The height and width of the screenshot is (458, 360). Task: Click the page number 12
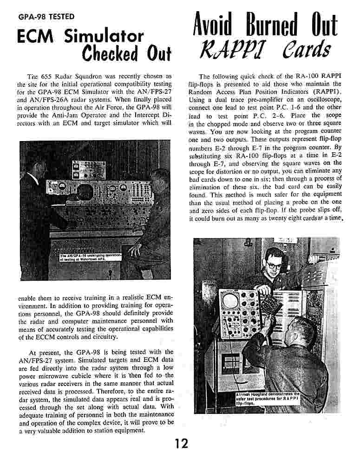coord(180,444)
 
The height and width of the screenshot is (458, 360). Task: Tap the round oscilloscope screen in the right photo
coord(231,302)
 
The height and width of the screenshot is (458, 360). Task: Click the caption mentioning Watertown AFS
coord(91,257)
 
